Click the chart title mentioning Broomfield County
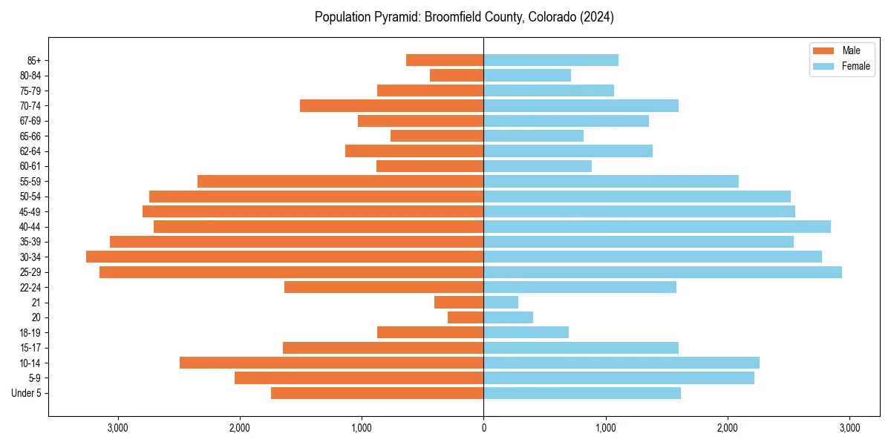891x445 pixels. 464,16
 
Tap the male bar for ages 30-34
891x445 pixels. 284,257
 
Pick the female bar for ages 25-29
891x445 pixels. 662,272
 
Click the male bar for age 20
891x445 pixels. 466,317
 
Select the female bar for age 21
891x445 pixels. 500,303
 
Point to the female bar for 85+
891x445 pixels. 550,60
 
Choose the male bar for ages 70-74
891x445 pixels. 391,105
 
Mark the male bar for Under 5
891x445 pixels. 377,393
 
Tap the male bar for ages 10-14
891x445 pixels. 331,363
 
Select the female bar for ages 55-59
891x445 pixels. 611,181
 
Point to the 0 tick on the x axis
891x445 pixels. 483,428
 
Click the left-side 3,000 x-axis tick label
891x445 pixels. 118,428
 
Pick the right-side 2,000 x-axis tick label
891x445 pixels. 728,428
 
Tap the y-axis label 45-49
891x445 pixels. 30,211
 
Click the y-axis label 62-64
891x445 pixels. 30,151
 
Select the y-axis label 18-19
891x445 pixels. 30,332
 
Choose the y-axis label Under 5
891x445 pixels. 26,393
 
